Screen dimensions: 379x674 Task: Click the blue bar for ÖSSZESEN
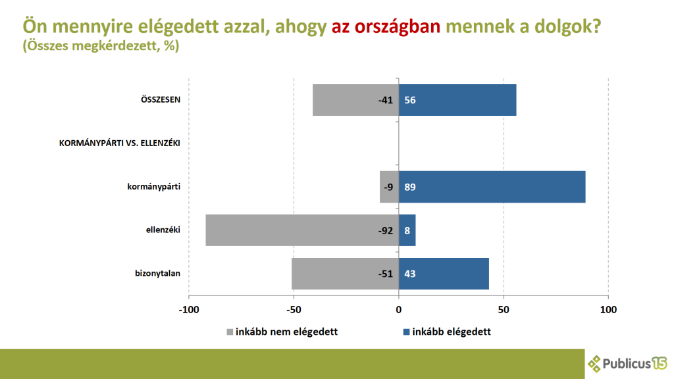[x=457, y=100]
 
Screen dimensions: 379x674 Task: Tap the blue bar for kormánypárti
[x=492, y=187]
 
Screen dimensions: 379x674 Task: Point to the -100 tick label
[x=189, y=309]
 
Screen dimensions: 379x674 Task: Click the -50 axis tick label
[x=294, y=309]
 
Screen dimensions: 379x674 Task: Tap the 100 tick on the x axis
[x=608, y=309]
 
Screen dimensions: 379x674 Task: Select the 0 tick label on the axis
[x=399, y=309]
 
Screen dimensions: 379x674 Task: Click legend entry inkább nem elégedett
[x=282, y=332]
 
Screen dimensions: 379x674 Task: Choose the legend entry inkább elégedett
[x=447, y=332]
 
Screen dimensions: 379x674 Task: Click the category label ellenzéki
[x=163, y=230]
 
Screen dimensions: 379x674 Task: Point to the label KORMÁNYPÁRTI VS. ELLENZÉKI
[x=119, y=143]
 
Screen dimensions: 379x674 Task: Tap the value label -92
[x=385, y=230]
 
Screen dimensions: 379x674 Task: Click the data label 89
[x=409, y=187]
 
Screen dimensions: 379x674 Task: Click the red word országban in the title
[x=397, y=27]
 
